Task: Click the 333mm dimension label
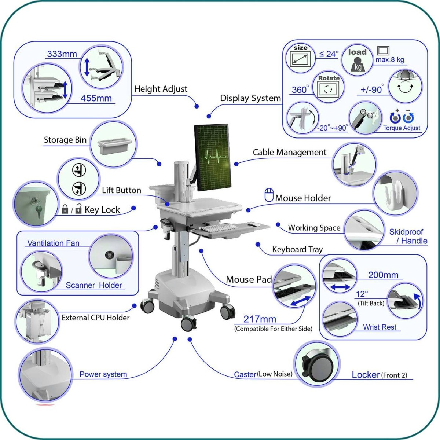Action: coord(62,54)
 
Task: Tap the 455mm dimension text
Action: coord(96,98)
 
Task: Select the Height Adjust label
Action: coord(161,89)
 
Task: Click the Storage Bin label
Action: coord(65,140)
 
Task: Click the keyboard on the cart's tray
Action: coord(219,228)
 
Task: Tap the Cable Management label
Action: coord(289,153)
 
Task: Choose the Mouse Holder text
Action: coord(303,198)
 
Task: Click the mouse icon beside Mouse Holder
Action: coord(269,195)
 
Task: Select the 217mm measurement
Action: coord(260,319)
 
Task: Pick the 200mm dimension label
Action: coord(383,275)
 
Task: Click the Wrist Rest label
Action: coord(379,327)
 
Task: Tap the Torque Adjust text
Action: coord(401,128)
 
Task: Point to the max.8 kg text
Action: coord(389,60)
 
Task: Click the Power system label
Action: coord(103,374)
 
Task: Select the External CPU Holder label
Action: coord(95,318)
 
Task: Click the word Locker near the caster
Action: coord(366,375)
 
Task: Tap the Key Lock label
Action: coord(102,210)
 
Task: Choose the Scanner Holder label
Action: coord(94,285)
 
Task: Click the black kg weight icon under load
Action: coord(357,66)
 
